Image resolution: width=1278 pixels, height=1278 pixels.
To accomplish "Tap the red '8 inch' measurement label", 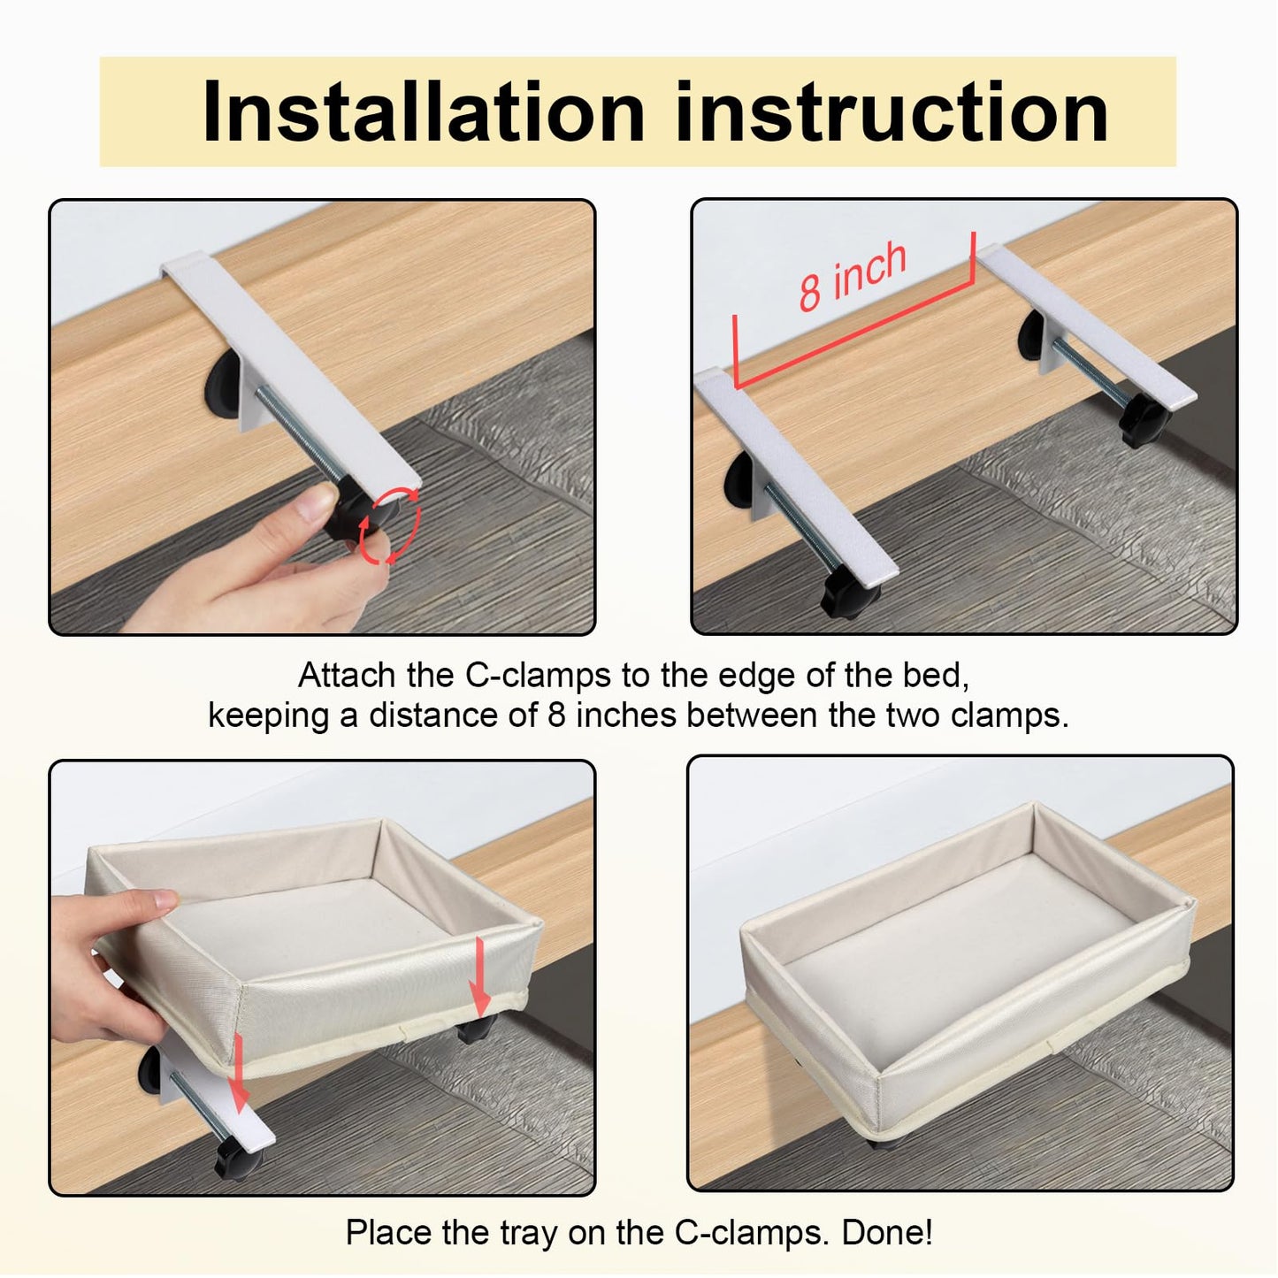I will click(852, 276).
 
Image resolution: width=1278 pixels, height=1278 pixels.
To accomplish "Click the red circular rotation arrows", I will click(390, 526).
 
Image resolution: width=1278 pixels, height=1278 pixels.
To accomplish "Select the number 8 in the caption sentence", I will click(555, 715).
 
